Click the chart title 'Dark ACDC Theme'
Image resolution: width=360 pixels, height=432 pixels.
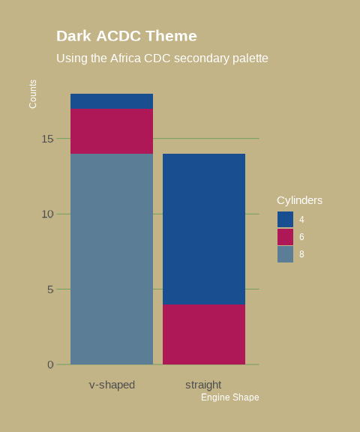point(127,36)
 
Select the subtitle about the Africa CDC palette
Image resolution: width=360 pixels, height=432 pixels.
point(162,58)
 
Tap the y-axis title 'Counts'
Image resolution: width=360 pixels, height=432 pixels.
point(33,94)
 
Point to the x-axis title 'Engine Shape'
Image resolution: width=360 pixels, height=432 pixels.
point(229,397)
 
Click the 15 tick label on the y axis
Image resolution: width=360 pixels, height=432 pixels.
point(47,139)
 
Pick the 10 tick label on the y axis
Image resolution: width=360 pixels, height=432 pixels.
point(47,214)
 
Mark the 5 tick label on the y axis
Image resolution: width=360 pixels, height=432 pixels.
point(50,289)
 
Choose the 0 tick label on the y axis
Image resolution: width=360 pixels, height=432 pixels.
point(50,364)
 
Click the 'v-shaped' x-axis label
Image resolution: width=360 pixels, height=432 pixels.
point(112,385)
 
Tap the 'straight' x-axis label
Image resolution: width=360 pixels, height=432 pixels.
point(203,385)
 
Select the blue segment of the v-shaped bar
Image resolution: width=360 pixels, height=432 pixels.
point(112,101)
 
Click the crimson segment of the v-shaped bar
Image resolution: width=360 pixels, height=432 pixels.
point(112,131)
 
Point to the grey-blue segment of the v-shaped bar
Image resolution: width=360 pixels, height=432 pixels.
point(112,259)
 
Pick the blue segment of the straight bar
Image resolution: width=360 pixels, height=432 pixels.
point(204,229)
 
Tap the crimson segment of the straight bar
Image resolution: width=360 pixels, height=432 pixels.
point(204,334)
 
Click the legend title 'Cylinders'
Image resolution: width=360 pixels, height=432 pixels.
point(299,200)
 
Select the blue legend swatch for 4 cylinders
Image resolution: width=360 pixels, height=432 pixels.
point(285,219)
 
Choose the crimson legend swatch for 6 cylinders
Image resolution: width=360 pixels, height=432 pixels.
point(285,237)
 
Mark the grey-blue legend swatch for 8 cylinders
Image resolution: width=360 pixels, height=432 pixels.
point(285,254)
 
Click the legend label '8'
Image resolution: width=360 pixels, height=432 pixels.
point(301,254)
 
